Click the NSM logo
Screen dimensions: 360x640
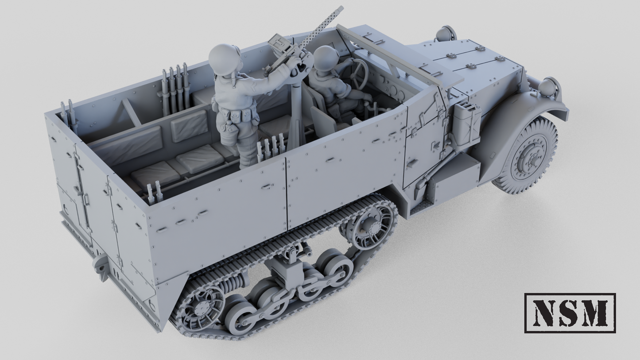click(570, 313)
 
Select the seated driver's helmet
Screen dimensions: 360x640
click(326, 57)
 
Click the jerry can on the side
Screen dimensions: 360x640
click(467, 124)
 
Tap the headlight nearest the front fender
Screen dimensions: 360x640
click(548, 86)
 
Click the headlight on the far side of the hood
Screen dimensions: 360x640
click(446, 34)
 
